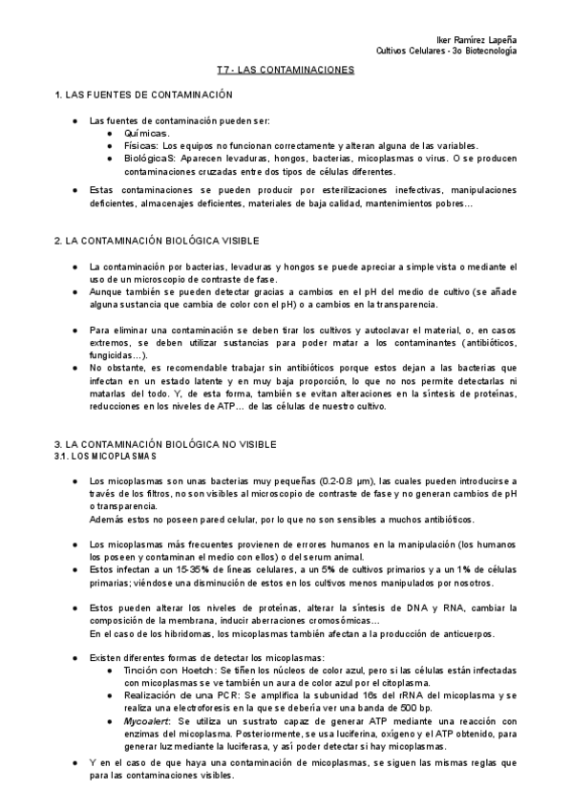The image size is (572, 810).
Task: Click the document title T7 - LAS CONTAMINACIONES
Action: pos(286,71)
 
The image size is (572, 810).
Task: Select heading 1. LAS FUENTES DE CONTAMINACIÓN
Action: pos(144,96)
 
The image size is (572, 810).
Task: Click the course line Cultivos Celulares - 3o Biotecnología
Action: pos(447,51)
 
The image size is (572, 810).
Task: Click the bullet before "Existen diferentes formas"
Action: pos(74,658)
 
